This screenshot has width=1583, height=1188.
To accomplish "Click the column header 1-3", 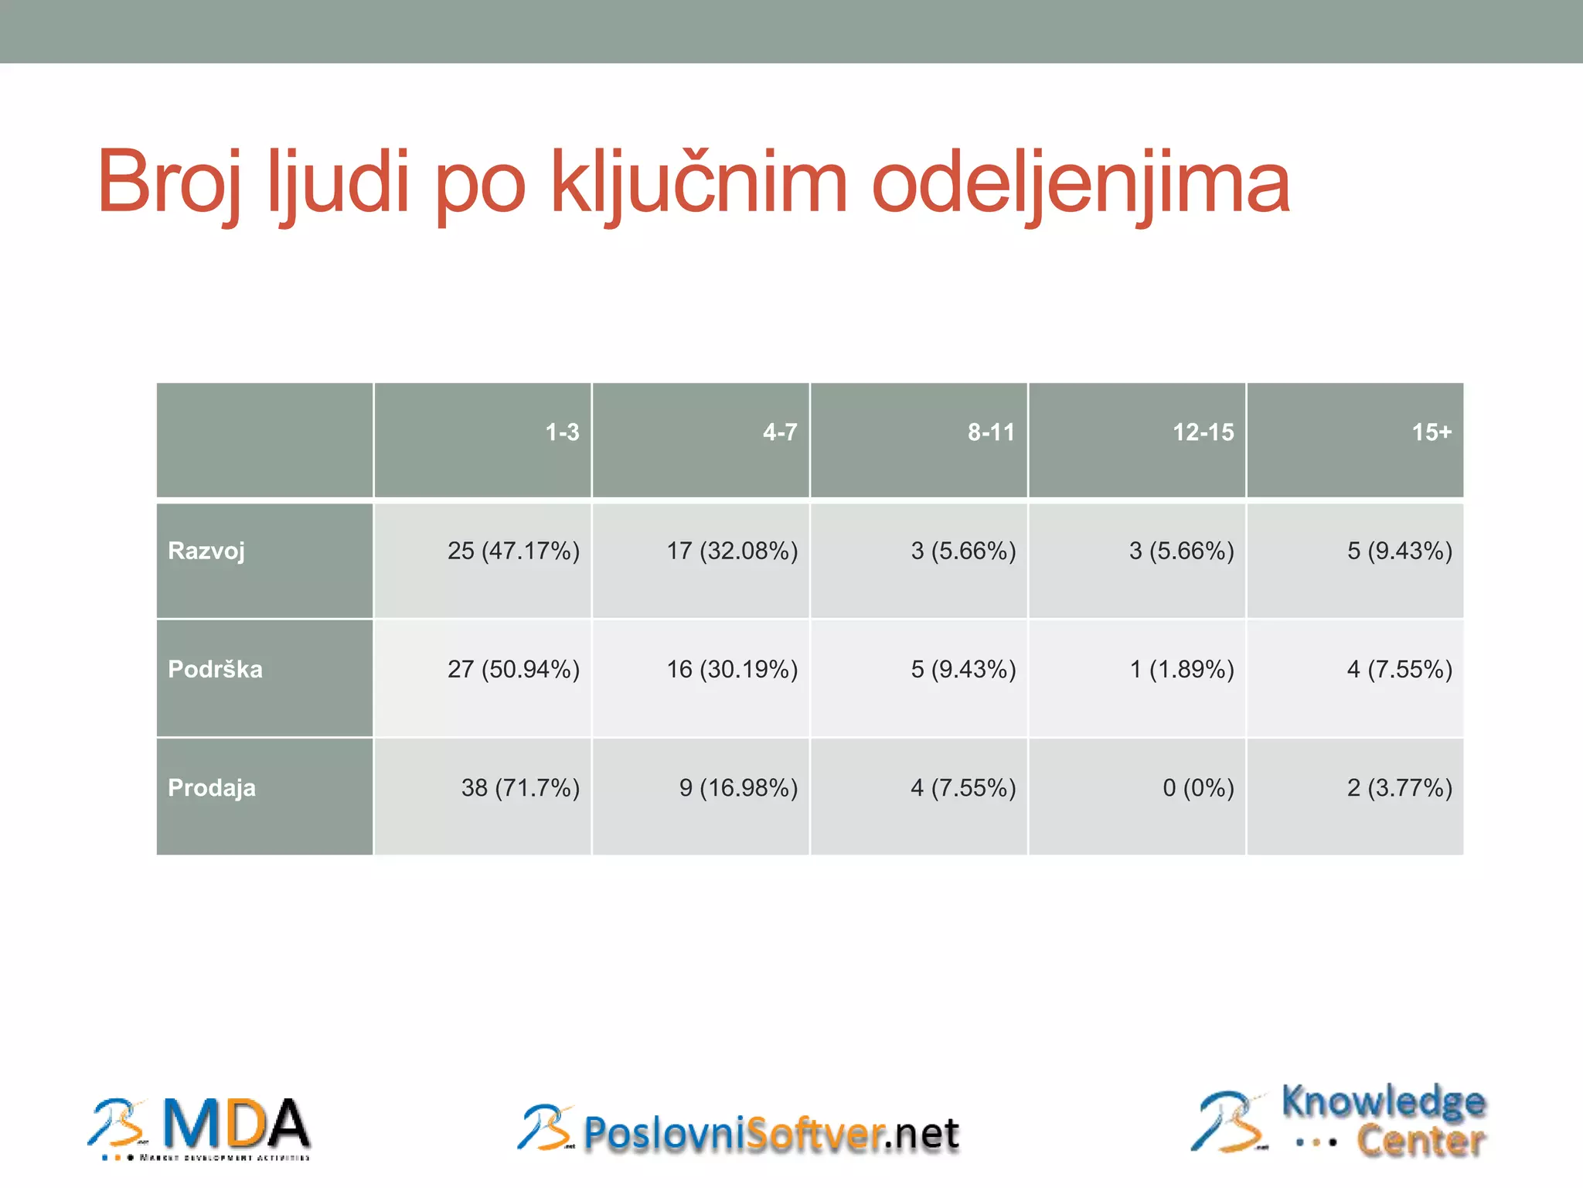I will click(562, 432).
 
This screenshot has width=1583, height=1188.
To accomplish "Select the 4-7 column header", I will click(780, 432).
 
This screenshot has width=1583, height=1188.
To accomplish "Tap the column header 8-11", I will click(991, 432).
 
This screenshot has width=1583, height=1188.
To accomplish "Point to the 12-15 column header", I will click(1203, 432).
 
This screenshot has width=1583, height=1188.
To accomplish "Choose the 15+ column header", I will click(1432, 432).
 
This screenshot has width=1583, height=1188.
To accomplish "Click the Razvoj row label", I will click(206, 551).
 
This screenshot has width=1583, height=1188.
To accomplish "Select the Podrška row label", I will click(215, 669).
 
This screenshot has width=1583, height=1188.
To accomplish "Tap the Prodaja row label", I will click(212, 788).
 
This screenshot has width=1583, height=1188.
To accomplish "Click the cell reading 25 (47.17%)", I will click(513, 551).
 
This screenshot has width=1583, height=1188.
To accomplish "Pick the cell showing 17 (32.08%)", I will click(732, 551).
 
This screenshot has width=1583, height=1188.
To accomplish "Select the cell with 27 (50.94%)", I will click(513, 669).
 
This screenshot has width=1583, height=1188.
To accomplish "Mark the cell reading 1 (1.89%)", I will click(1182, 669).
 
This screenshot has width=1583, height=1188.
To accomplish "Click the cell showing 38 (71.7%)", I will click(520, 788).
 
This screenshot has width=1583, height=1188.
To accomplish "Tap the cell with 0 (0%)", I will click(1198, 788).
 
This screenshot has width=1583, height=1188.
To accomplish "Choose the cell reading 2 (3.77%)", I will click(1399, 788).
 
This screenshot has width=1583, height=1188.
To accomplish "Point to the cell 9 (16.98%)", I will click(738, 788).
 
